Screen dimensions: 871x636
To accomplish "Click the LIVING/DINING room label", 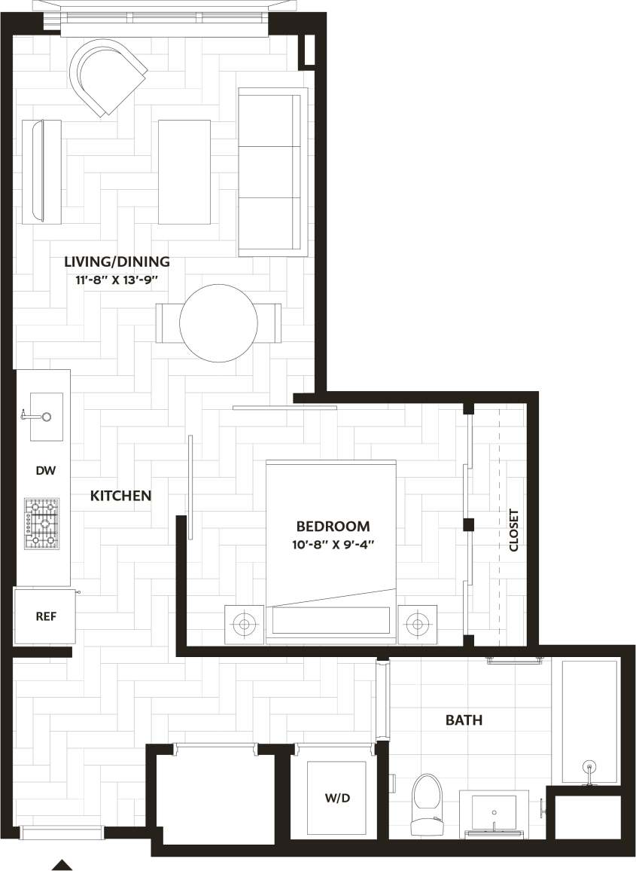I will coord(117,262).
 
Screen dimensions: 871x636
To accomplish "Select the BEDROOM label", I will coord(333,526).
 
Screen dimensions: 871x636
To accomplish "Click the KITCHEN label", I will coord(121,496).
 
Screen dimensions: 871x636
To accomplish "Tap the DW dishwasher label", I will coord(46,470).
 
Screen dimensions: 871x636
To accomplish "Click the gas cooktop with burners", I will coord(41,523).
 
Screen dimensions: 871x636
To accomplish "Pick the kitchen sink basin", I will coord(46,416).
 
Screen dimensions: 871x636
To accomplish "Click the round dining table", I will coord(218,322).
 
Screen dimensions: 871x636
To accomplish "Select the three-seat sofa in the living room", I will coord(272,172).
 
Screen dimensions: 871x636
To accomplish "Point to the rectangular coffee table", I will coord(184,172).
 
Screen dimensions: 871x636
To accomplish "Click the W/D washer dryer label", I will coord(336,798).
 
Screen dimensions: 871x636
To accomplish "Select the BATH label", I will coord(464,720).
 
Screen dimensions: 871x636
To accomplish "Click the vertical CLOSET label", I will coord(514,530).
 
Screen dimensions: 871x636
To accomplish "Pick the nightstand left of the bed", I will coord(244,624).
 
